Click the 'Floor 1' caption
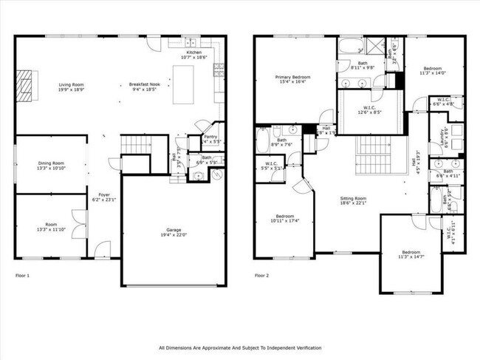(23, 276)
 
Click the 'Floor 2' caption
(261, 276)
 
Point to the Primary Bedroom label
(292, 80)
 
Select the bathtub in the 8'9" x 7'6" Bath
(265, 140)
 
